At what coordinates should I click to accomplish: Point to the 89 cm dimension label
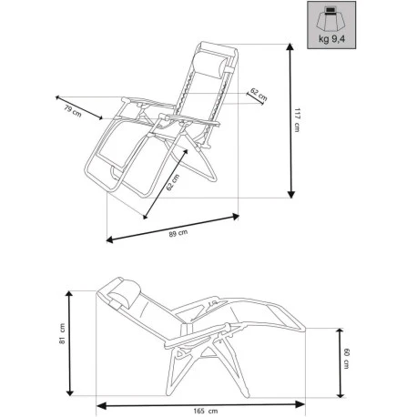[178, 234]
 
